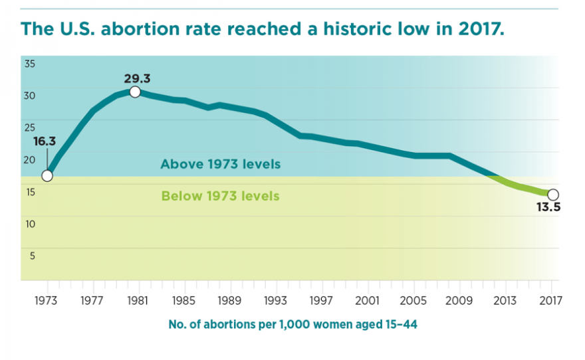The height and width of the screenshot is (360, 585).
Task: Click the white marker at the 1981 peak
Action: pyautogui.click(x=135, y=92)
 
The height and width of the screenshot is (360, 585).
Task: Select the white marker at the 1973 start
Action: pyautogui.click(x=47, y=176)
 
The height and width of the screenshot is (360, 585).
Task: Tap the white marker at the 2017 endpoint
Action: pyautogui.click(x=553, y=195)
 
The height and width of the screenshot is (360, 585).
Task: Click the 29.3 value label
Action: pyautogui.click(x=136, y=78)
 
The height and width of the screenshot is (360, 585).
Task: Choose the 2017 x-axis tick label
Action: pyautogui.click(x=551, y=299)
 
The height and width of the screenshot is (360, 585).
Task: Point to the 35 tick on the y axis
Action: pyautogui.click(x=31, y=64)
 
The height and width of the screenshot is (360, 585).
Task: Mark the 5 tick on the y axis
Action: pyautogui.click(x=31, y=255)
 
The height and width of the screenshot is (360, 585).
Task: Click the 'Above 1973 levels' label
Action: pyautogui.click(x=220, y=164)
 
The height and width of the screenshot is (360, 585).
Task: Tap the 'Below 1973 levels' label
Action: pyautogui.click(x=220, y=196)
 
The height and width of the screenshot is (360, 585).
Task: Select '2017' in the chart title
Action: pyautogui.click(x=474, y=29)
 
